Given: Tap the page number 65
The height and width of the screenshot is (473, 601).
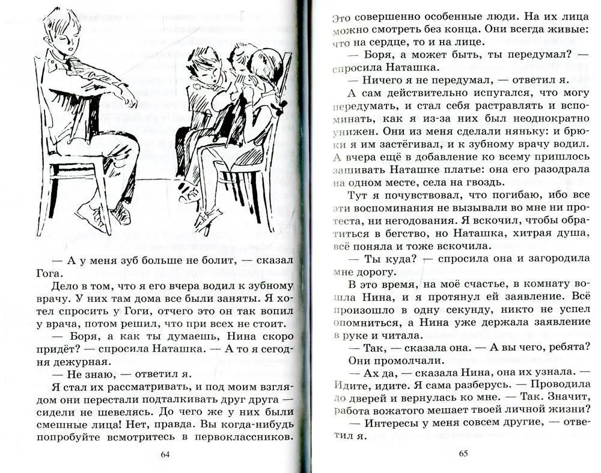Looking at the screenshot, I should pos(463,453).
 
